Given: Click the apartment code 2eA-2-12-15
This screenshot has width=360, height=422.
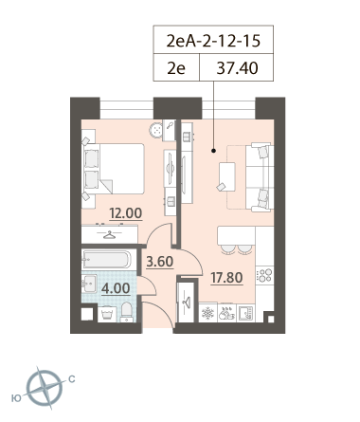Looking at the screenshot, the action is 213,41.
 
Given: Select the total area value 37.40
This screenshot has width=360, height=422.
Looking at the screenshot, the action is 237,68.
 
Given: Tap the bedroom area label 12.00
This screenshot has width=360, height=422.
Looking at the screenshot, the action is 126,213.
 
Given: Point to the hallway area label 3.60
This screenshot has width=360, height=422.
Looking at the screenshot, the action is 160,262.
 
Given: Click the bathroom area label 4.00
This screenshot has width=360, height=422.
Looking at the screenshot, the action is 116,288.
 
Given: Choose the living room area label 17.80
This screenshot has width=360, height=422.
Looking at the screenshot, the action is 226,278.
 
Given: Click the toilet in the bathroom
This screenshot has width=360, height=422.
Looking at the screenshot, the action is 127,312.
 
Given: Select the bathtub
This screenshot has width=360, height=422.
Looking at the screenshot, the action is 106,259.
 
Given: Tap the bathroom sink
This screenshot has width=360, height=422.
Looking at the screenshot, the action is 89,283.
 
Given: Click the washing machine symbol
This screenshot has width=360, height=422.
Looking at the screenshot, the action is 107,314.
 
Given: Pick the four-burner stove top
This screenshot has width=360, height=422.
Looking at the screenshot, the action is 264,275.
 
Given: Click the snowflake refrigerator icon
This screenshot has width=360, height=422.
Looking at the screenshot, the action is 207,313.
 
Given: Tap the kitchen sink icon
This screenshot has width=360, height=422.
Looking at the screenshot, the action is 246,313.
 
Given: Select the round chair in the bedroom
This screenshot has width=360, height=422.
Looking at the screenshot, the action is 155,130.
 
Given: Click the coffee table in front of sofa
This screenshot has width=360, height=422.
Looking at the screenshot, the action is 226,176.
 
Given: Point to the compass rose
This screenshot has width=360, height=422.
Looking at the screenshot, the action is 44,388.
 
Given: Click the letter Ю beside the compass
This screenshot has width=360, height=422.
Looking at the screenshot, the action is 16,398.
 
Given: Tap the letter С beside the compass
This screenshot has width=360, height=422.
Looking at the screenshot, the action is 72,378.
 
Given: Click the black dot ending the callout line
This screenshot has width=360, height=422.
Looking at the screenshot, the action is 213,151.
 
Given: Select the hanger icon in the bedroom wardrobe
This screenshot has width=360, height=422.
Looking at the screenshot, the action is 109,235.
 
